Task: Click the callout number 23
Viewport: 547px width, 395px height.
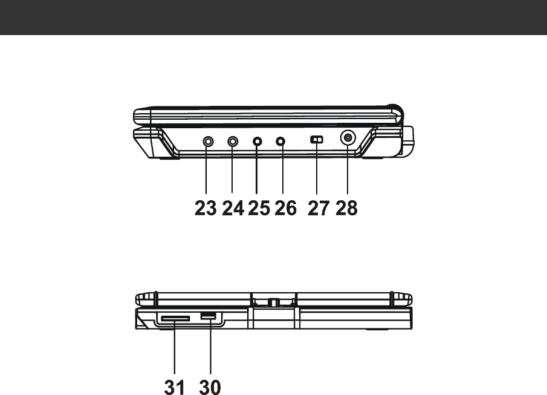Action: point(205,208)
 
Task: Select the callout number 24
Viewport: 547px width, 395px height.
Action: point(233,208)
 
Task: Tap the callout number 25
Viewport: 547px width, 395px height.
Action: point(259,208)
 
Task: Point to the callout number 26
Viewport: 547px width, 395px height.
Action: point(285,208)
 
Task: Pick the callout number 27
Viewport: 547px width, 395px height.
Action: point(318,208)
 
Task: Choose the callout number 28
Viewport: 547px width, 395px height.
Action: point(346,208)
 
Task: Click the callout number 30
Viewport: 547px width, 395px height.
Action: point(210,387)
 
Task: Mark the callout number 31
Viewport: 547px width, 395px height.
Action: point(175,387)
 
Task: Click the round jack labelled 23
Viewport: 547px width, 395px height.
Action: point(208,142)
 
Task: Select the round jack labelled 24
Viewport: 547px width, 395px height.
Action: point(233,142)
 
